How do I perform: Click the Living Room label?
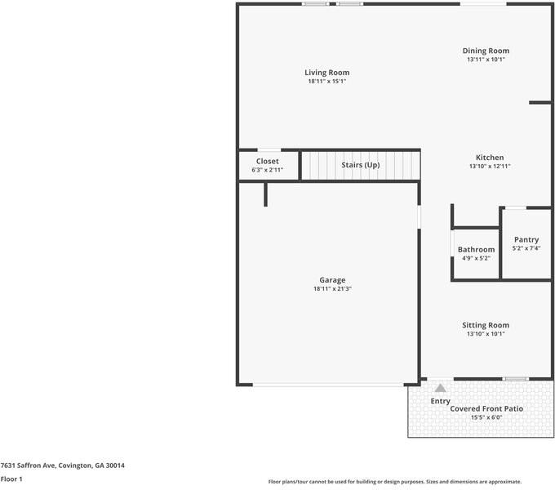pyautogui.click(x=327, y=73)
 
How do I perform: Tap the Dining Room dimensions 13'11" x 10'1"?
pyautogui.click(x=486, y=60)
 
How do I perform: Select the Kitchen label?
pyautogui.click(x=490, y=158)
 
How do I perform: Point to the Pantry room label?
pyautogui.click(x=526, y=239)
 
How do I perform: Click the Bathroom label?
pyautogui.click(x=476, y=249)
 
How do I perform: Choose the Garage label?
pyautogui.click(x=332, y=280)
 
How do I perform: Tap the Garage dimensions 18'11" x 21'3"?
pyautogui.click(x=332, y=289)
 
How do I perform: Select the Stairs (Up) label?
pyautogui.click(x=360, y=165)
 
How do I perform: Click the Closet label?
pyautogui.click(x=268, y=162)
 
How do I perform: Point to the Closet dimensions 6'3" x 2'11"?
pyautogui.click(x=268, y=170)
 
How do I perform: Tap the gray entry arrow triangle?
pyautogui.click(x=440, y=389)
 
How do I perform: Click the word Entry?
pyautogui.click(x=440, y=401)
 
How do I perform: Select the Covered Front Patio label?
pyautogui.click(x=486, y=408)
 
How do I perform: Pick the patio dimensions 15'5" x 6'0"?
pyautogui.click(x=486, y=417)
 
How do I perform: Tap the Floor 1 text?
pyautogui.click(x=11, y=479)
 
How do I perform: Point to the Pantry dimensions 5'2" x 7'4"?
pyautogui.click(x=526, y=248)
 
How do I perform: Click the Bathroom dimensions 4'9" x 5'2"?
pyautogui.click(x=476, y=258)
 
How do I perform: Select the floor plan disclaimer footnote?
pyautogui.click(x=395, y=482)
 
